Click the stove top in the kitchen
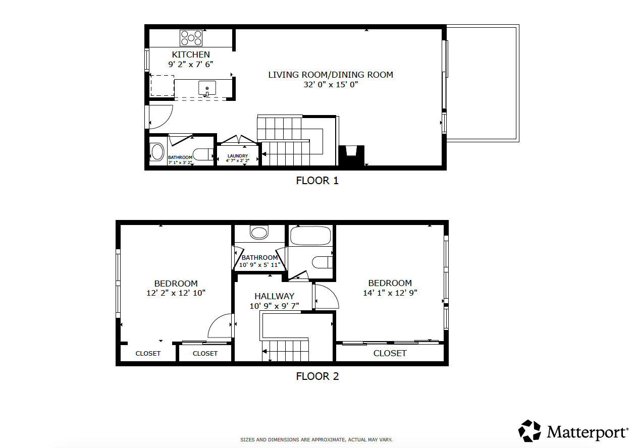pos(191,38)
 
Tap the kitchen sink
pos(207,88)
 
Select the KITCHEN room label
pos(191,54)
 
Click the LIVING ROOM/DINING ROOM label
pos(330,75)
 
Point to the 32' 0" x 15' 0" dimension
pos(330,85)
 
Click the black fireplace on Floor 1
pos(351,155)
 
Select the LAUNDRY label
pos(237,156)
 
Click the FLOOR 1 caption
pos(317,181)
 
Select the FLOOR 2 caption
pos(317,376)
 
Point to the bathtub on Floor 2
pos(310,235)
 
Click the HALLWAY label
pos(274,296)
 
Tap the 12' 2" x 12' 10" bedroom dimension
pos(176,293)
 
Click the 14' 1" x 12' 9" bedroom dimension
pos(390,293)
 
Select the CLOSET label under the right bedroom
pos(390,353)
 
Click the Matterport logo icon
pos(530,431)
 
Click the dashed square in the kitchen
pos(163,86)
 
